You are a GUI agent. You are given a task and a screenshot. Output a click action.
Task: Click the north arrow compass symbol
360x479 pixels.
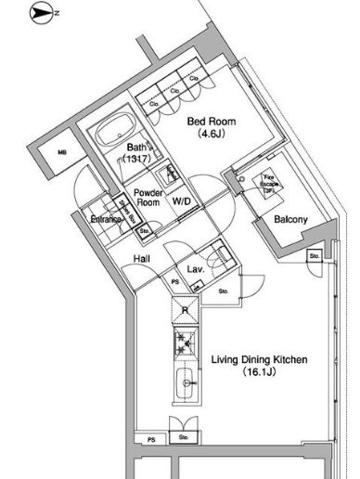coord(42,13)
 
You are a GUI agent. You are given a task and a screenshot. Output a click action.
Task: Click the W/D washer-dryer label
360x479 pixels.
coord(182,200)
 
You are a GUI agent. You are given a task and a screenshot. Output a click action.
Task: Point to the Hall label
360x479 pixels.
coord(142,259)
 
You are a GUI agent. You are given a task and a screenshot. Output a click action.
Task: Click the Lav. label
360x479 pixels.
coord(196,269)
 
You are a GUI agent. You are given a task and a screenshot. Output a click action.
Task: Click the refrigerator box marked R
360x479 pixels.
coord(185,311)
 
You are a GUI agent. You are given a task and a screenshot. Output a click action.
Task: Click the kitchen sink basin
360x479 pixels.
coord(184,381)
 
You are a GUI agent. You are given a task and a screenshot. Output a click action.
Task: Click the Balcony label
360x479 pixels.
coord(290,219)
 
